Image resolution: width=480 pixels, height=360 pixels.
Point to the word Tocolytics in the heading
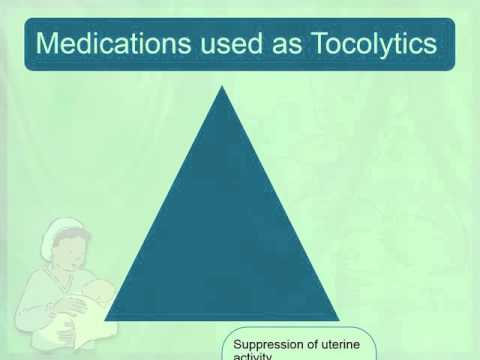375,44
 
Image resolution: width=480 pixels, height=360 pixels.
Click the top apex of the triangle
221,87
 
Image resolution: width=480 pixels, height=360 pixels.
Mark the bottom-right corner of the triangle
341,319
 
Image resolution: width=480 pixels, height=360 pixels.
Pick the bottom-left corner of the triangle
104,319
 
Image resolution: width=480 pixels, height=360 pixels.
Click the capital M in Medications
44,44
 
